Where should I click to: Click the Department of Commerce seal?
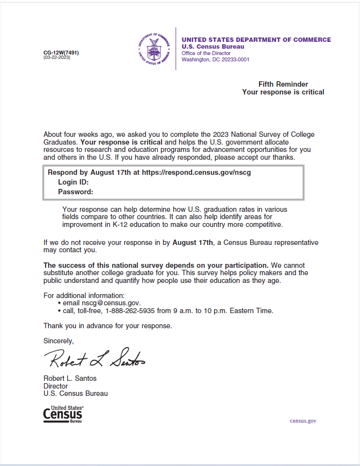tap(154, 49)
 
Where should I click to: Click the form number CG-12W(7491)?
tap(61, 53)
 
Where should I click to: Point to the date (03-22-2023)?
tap(56, 57)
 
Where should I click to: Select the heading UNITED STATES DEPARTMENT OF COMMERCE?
tap(256, 40)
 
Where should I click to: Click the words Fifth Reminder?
tap(283, 84)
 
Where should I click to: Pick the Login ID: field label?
tap(73, 182)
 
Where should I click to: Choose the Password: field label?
tap(75, 192)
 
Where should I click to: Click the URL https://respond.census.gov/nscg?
tap(196, 172)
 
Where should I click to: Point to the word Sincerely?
tap(58, 341)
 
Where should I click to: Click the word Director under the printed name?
tap(56, 386)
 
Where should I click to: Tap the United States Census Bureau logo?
tap(63, 414)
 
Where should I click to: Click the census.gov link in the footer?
tap(303, 421)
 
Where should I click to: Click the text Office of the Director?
tap(206, 53)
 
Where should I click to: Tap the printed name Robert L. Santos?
tap(70, 378)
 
